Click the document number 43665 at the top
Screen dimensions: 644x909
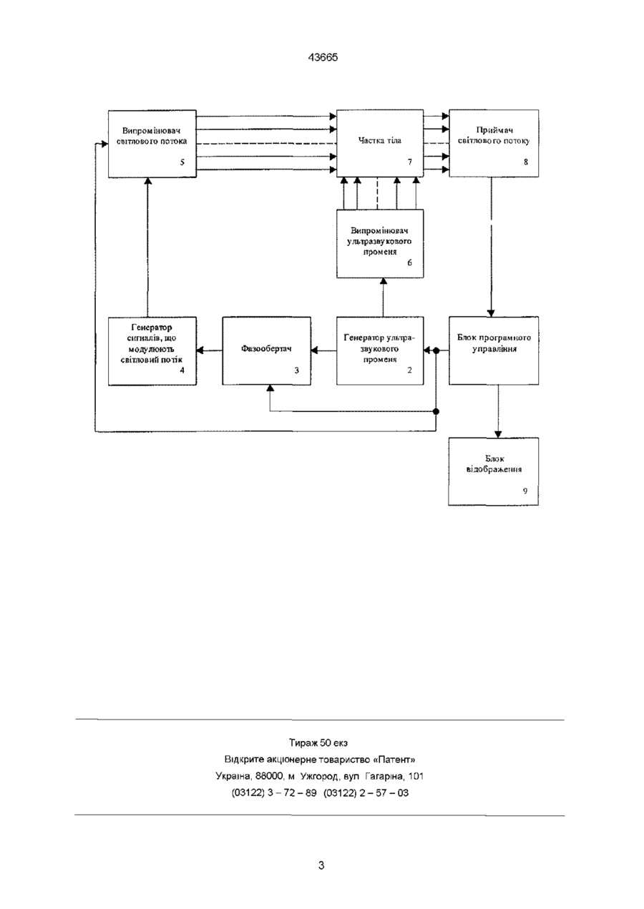tap(323, 58)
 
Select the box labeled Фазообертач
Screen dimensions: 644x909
tap(267, 350)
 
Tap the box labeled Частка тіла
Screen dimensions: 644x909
tap(380, 143)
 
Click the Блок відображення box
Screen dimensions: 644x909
tap(493, 471)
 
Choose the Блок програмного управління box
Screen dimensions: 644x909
tap(494, 350)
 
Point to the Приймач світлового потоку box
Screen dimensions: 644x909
tap(494, 143)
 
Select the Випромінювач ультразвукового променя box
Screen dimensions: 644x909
tap(380, 243)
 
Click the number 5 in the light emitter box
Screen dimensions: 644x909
tap(182, 162)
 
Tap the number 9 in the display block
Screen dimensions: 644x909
tap(525, 491)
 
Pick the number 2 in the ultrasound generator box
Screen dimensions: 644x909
tap(409, 370)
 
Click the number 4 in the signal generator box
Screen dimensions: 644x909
tap(182, 370)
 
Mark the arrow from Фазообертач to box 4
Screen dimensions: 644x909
tap(210, 350)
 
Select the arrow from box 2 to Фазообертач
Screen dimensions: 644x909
tap(324, 350)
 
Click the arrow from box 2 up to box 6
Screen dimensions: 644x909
tap(383, 298)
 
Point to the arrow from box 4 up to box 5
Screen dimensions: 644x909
tap(148, 247)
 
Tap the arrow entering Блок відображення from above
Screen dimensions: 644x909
tap(498, 411)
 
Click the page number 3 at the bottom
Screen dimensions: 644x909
tap(321, 865)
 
